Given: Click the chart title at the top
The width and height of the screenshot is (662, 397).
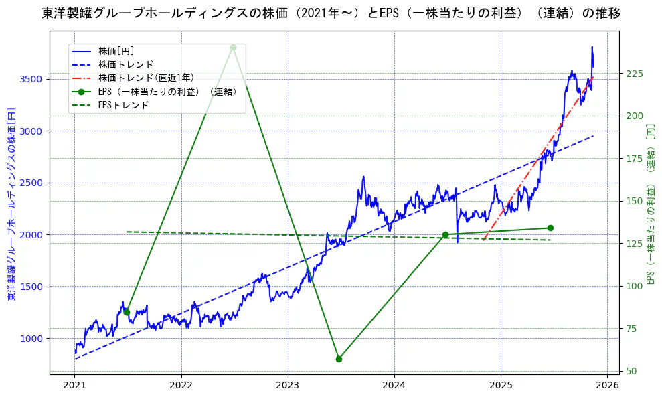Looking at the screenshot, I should point(331,13).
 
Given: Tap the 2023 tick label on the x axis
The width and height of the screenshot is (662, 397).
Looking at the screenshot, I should point(288,386).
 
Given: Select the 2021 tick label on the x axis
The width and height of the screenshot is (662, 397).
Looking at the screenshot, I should point(75,386).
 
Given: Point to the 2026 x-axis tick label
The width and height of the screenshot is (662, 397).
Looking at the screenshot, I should point(607,386).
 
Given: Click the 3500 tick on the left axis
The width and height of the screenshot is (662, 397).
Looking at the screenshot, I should point(31,79).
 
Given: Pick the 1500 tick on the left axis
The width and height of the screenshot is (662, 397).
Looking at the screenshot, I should point(31,287).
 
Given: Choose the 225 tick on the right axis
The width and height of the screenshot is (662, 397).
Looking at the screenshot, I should point(634,74).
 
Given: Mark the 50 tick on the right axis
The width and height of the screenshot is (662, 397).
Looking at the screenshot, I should point(631,371).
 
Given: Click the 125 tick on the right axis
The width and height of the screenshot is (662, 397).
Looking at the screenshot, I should point(634,244).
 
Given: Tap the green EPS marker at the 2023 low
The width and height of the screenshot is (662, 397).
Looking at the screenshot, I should point(339,359).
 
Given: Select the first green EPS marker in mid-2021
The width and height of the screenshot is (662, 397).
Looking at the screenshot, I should point(127,312).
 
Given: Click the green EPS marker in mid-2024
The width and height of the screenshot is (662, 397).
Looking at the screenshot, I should point(445,234).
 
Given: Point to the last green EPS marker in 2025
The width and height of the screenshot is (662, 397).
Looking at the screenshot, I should point(550,228).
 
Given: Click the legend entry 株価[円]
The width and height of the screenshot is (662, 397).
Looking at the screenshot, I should point(116,51).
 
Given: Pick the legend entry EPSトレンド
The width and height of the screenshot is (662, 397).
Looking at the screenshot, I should point(123,105).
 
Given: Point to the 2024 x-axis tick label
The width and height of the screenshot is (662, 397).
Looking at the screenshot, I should point(394,386).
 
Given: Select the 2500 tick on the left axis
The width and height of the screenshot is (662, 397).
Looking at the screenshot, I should point(31,183).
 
